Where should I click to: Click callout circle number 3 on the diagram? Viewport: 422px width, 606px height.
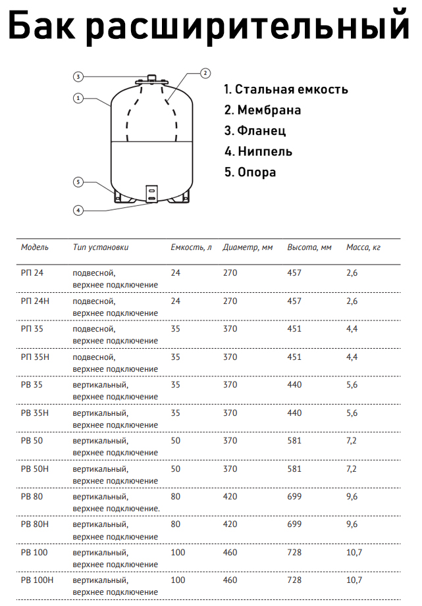tap(77, 77)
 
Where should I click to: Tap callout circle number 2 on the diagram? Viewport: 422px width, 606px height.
tap(205, 73)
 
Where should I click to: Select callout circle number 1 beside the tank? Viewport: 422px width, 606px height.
tap(78, 99)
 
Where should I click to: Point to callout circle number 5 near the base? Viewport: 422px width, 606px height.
tap(78, 182)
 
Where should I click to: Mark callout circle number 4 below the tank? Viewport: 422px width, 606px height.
tap(78, 211)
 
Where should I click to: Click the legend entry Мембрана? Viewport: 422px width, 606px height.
tap(263, 110)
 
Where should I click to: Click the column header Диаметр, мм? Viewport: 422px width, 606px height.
tap(248, 247)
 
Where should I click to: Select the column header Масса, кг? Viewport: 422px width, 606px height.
tap(363, 247)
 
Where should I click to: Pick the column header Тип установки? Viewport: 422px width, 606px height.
tap(101, 247)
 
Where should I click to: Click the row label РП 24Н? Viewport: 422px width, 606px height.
tap(34, 301)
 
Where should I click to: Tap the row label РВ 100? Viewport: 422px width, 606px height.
tap(34, 552)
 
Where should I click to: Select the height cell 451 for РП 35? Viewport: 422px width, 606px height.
tap(295, 329)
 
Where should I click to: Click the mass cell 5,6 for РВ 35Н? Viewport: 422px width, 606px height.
tap(352, 413)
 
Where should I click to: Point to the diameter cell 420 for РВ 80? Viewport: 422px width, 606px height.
tap(230, 497)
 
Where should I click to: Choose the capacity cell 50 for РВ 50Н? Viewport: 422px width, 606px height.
tap(175, 468)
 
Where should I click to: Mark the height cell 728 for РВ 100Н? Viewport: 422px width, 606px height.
tap(295, 580)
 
